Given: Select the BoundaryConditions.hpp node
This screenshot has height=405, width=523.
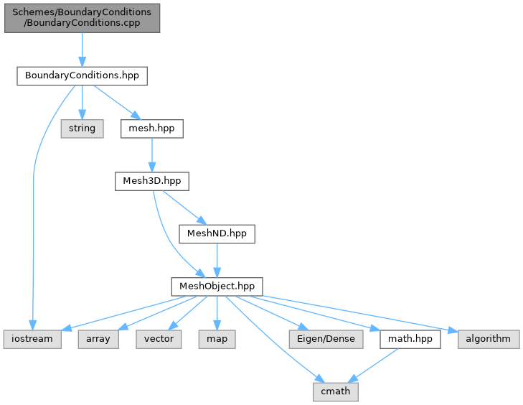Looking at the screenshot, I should coord(82,75).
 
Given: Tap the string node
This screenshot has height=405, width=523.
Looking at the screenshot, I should coord(82,129).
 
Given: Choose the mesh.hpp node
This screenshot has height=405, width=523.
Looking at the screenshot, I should coord(151,129).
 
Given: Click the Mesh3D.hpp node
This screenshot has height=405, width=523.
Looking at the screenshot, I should coord(151,181).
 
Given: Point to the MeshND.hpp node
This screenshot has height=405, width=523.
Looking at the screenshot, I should coord(217,233).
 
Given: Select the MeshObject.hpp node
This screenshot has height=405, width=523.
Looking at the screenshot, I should coord(217,286).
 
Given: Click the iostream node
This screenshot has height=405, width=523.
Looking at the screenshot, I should coord(32,338).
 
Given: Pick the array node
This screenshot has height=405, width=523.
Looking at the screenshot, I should coord(98,338).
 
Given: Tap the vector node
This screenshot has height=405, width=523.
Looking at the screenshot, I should coord(159,338).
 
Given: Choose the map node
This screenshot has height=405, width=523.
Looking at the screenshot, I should coord(217,338).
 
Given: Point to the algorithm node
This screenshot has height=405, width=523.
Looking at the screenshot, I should coord(488,338).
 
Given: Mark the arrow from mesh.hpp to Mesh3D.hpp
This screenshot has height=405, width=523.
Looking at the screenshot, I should coord(151,154).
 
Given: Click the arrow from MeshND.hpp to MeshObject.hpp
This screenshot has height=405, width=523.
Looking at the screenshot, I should coord(217,259).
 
